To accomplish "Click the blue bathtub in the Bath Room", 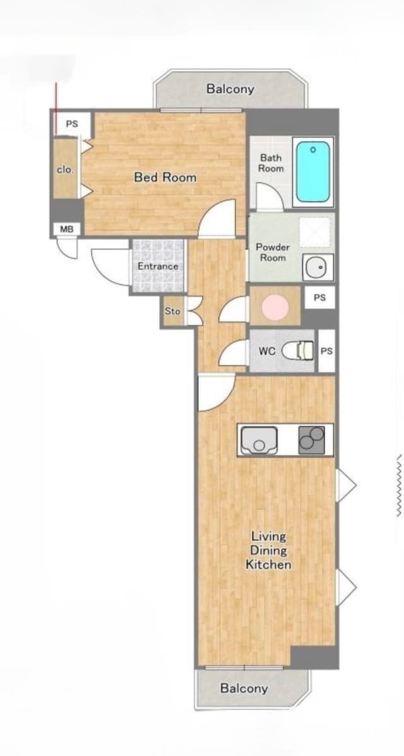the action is pyautogui.click(x=313, y=172).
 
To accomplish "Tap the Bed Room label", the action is pyautogui.click(x=165, y=177).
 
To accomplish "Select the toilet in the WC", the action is pyautogui.click(x=297, y=351).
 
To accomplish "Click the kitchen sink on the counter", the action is pyautogui.click(x=258, y=440).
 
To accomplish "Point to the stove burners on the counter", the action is pyautogui.click(x=311, y=440).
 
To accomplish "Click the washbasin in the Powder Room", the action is pyautogui.click(x=318, y=267).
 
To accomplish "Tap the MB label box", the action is pyautogui.click(x=66, y=229).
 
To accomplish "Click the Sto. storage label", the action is pyautogui.click(x=173, y=311).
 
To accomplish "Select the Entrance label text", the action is pyautogui.click(x=158, y=266).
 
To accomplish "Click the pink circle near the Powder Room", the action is pyautogui.click(x=275, y=306).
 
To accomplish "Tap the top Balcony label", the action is pyautogui.click(x=230, y=89).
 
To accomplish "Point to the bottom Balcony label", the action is pyautogui.click(x=244, y=688).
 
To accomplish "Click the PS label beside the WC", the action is pyautogui.click(x=326, y=351).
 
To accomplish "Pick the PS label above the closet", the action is pyautogui.click(x=72, y=124).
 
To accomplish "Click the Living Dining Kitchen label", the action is pyautogui.click(x=268, y=550).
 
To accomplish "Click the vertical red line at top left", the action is pyautogui.click(x=56, y=109).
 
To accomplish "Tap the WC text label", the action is pyautogui.click(x=266, y=352).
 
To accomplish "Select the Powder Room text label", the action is pyautogui.click(x=273, y=252).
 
